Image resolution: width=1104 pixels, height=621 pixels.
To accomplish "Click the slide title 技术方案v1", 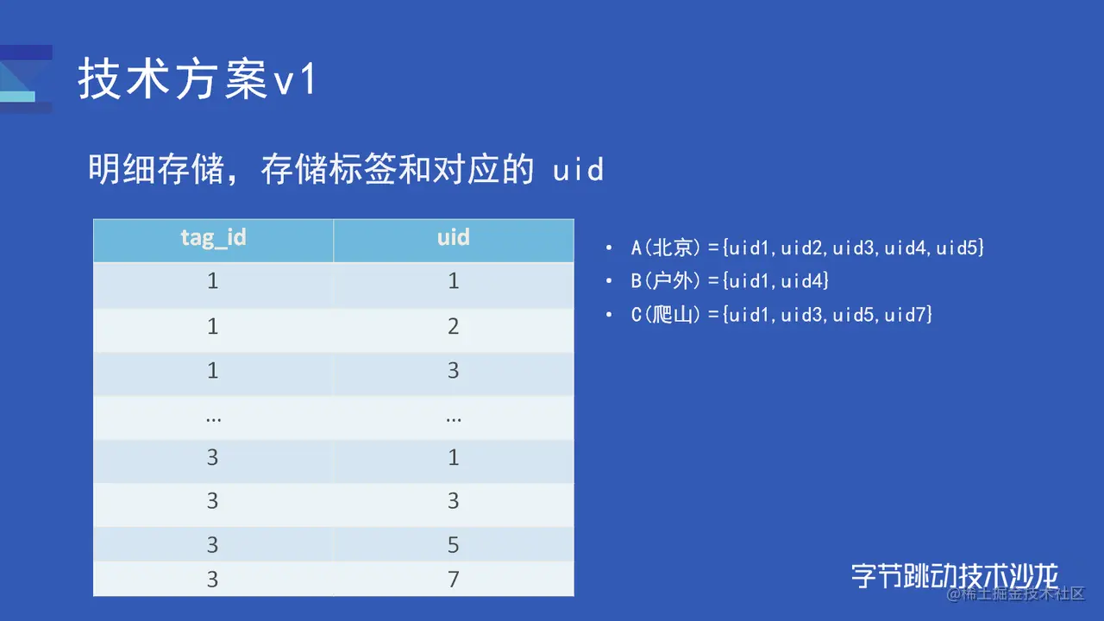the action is click(x=198, y=78).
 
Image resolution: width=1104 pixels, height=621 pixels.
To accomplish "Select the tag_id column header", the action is click(x=213, y=238).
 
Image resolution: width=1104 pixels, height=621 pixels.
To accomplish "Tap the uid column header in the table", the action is click(x=454, y=237).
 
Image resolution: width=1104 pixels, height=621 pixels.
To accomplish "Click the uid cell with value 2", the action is click(x=454, y=326).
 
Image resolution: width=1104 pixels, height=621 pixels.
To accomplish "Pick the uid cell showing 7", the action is click(x=454, y=579).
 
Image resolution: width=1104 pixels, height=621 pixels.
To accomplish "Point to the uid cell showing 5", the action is click(x=454, y=544).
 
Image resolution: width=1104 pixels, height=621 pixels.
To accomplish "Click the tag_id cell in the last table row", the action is click(x=212, y=579).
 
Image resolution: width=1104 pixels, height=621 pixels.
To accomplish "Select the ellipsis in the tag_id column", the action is click(x=213, y=420).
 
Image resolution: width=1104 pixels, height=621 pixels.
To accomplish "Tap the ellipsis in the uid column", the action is click(x=454, y=420).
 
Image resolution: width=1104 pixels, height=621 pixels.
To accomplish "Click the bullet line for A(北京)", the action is click(x=807, y=248).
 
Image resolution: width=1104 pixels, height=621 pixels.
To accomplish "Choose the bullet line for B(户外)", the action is click(x=730, y=281).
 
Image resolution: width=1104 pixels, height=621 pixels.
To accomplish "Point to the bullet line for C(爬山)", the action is click(x=781, y=315).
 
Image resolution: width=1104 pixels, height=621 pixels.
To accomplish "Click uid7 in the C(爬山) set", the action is click(x=905, y=315).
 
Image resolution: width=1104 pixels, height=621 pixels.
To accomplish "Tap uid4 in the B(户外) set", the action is click(x=802, y=281).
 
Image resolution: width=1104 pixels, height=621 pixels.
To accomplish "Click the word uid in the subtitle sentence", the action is click(x=578, y=170).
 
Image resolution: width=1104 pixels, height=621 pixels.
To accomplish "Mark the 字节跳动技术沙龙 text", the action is click(x=955, y=575).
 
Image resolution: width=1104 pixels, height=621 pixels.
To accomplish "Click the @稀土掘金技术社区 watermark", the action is click(x=1016, y=594).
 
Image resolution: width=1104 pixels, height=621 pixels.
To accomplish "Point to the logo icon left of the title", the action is click(x=26, y=78).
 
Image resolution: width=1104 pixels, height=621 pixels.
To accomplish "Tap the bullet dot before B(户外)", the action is click(x=609, y=281).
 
